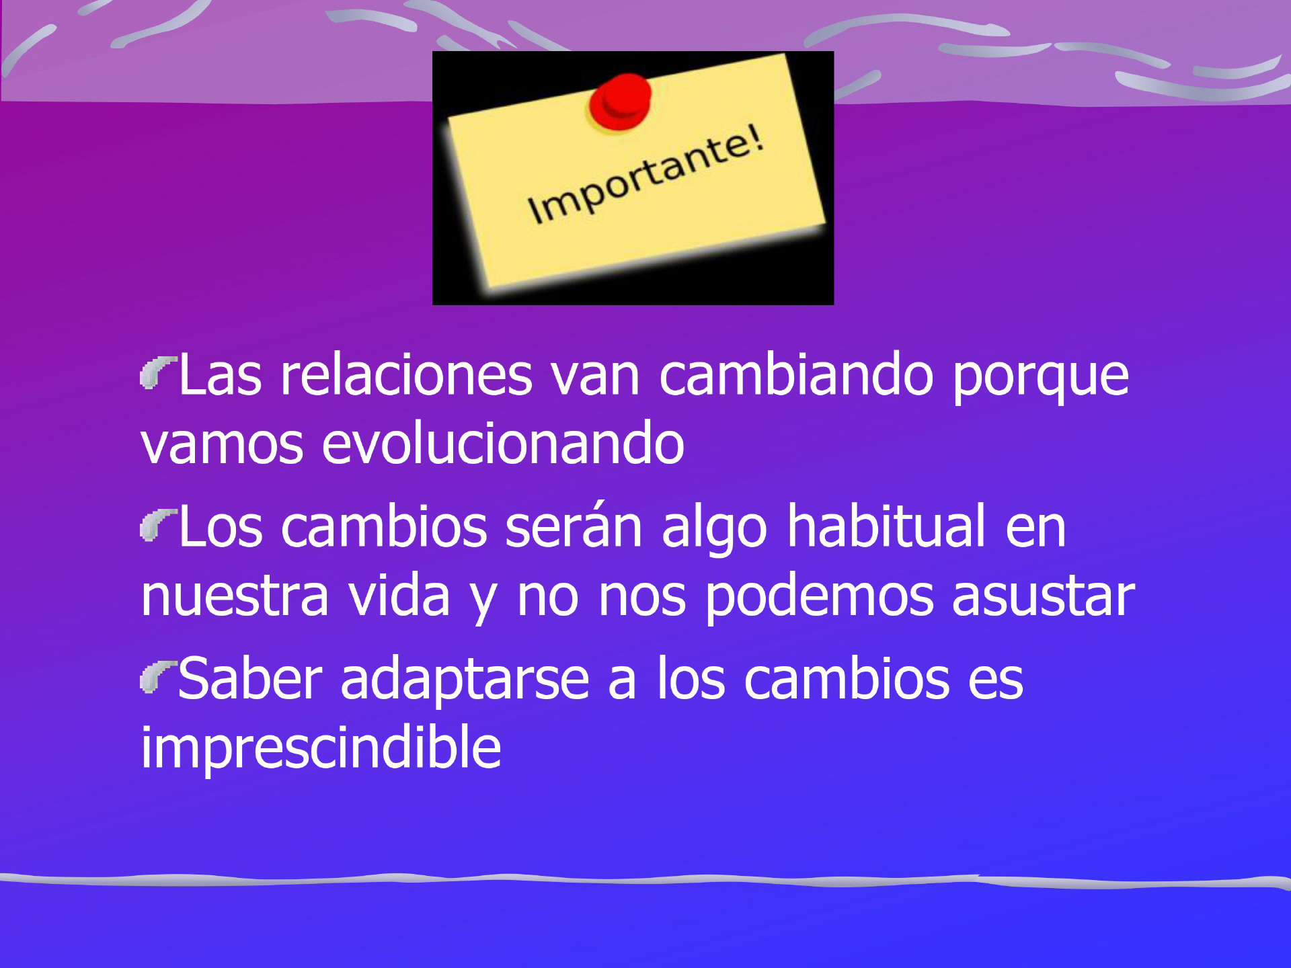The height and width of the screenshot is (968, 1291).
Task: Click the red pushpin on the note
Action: click(x=620, y=102)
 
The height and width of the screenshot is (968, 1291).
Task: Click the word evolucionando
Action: click(x=503, y=443)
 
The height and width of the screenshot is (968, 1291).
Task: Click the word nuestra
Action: click(x=235, y=596)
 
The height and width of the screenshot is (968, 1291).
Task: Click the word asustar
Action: click(x=1043, y=596)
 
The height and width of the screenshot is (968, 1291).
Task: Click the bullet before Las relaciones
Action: click(x=157, y=372)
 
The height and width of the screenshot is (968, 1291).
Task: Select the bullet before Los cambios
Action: click(x=157, y=524)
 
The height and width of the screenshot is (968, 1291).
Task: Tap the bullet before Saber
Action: click(x=157, y=676)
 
